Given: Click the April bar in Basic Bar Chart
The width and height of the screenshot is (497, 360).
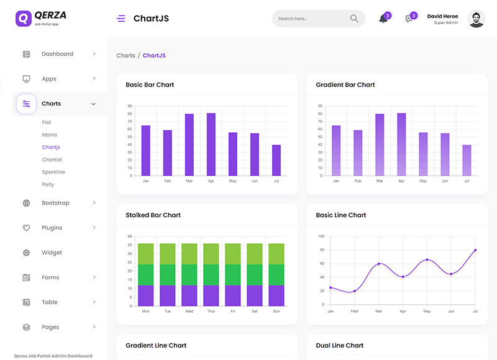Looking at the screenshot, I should tap(211, 144).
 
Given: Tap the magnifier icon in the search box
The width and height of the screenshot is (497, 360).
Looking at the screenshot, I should tap(354, 19).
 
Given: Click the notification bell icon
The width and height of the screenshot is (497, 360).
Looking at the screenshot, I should tap(383, 19).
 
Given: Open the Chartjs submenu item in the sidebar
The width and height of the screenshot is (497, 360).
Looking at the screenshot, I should tap(51, 147).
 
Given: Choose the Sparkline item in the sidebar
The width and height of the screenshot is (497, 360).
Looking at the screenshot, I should tap(53, 172).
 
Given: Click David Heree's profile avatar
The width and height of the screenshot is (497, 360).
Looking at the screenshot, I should tap(476, 19).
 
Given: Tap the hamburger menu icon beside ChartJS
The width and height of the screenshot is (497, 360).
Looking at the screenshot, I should tap(121, 19).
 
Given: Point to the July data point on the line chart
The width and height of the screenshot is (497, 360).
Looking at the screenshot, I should tap(475, 250).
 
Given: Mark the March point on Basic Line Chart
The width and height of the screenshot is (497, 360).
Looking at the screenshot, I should tap(379, 264).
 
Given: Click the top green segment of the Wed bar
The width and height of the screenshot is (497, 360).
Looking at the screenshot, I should tap(189, 254).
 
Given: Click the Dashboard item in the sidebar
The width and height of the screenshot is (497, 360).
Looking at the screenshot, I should tap(57, 54).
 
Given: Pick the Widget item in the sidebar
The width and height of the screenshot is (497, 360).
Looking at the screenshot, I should tap(52, 253).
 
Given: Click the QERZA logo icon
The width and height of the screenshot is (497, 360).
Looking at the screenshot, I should tap(23, 18).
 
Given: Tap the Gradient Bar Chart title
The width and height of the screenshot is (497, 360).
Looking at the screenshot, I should tap(345, 84).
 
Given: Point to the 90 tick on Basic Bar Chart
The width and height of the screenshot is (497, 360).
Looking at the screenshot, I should tap(130, 106).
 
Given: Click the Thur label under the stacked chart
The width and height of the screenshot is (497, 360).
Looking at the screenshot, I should tap(211, 311).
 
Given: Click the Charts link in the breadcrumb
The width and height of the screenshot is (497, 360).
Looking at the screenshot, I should tap(125, 55).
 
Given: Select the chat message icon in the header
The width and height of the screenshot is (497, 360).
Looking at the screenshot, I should tap(409, 19).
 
